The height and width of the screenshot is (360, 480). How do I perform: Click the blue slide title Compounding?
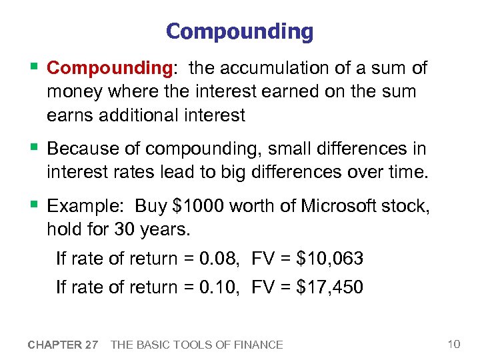tap(239, 31)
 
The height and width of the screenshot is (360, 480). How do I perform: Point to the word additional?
tap(141, 115)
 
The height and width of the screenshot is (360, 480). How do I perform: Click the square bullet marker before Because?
tap(35, 148)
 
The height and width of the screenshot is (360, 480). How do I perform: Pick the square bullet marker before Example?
tap(35, 205)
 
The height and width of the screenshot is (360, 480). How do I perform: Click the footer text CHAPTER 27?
tap(63, 345)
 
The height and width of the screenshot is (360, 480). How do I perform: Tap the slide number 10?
tap(454, 344)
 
